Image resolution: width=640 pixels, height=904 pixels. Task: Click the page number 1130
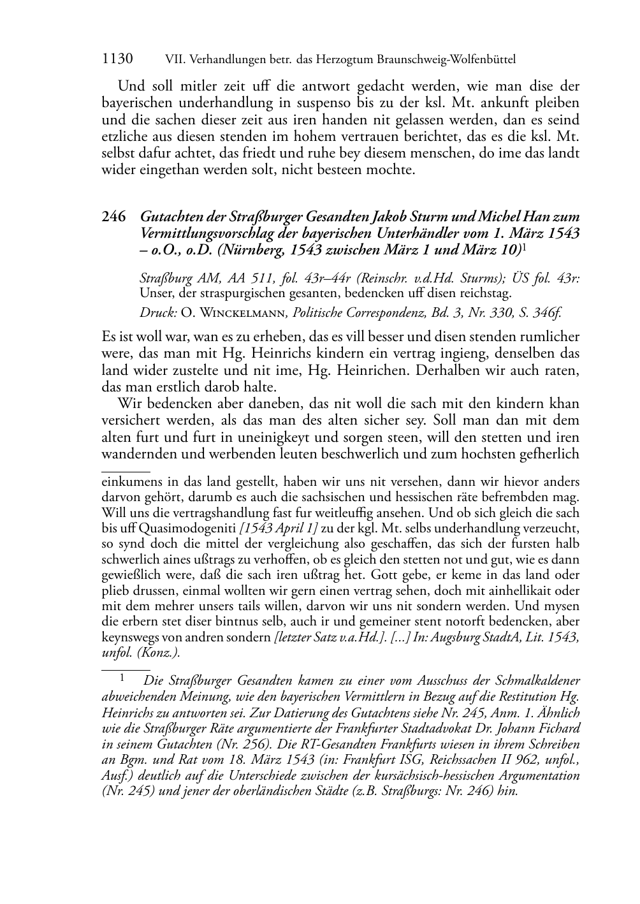point(117,59)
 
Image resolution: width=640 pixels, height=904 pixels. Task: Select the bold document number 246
point(113,216)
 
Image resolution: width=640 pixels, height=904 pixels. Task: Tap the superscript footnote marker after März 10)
point(524,246)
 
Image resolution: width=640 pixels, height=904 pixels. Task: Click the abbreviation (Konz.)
point(156,652)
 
